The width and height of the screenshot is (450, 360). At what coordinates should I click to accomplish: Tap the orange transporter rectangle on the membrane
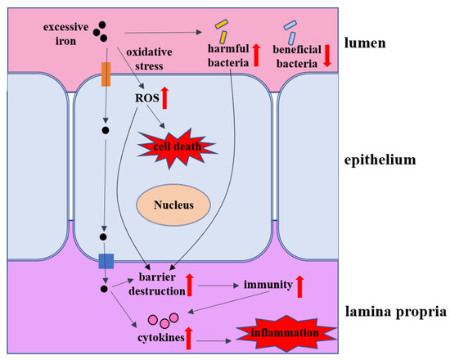pos(106,73)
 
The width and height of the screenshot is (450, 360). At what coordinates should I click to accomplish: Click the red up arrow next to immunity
pos(299,285)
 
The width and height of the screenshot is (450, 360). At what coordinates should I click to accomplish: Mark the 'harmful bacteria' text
pos(227,58)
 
